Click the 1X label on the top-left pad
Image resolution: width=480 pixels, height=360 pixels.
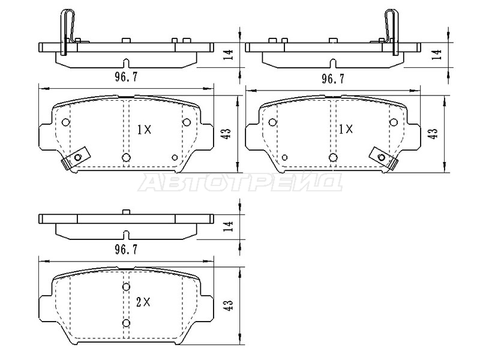144,130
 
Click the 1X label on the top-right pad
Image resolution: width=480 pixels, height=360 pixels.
346,129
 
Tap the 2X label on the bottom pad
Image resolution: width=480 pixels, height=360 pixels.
143,302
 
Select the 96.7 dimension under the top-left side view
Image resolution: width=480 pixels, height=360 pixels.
126,77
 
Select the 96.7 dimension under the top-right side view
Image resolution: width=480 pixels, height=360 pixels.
333,79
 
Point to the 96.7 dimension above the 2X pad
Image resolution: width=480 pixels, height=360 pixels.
126,250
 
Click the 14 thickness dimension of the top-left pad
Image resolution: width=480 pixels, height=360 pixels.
229,55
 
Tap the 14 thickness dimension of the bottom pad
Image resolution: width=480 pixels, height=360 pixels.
229,227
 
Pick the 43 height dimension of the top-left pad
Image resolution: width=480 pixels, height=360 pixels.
228,133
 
